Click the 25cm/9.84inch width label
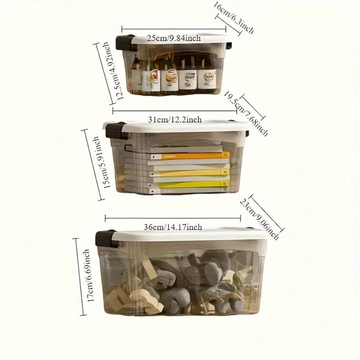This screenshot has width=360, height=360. pyautogui.click(x=174, y=38)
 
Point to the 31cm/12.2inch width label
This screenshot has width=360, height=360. pyautogui.click(x=175, y=120)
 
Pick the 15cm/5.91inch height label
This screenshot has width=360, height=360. pyautogui.click(x=101, y=163)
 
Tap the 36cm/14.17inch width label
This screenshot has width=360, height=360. pyautogui.click(x=173, y=227)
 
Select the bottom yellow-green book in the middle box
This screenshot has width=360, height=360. pyautogui.click(x=189, y=184)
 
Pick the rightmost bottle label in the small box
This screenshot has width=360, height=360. pyautogui.click(x=207, y=80)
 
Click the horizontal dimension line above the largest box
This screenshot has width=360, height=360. pyautogui.click(x=173, y=218)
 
